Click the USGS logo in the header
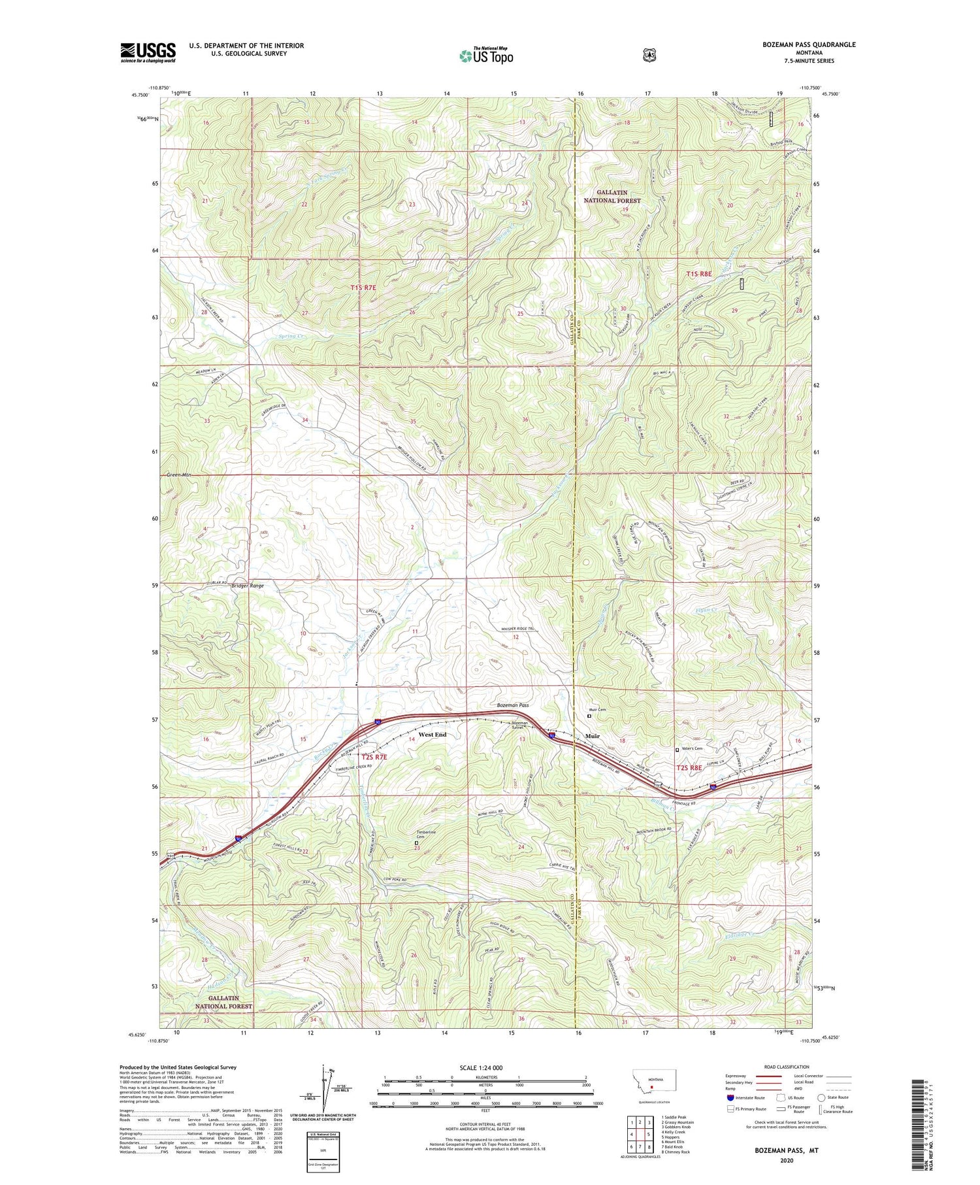tap(148, 52)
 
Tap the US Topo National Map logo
tap(486, 56)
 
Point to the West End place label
tap(433, 735)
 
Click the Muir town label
tap(592, 736)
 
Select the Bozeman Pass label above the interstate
tap(513, 705)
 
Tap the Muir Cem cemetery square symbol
tap(589, 716)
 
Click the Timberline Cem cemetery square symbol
tap(417, 843)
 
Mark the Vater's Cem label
tap(692, 748)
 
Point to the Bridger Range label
tap(248, 586)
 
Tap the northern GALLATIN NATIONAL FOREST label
tap(612, 197)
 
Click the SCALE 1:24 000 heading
tap(482, 1067)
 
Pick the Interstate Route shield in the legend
tap(730, 1097)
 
